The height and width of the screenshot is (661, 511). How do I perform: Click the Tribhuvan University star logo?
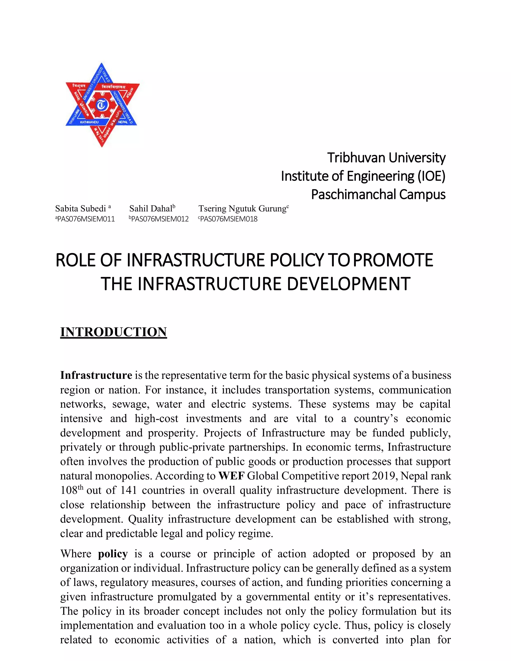tap(102, 105)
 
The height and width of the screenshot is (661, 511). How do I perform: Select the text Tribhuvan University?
tap(386, 158)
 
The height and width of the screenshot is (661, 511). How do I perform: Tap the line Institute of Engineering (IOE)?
tap(363, 176)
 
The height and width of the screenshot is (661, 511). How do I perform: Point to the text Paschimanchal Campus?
tap(378, 194)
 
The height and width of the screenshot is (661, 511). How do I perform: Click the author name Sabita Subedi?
tap(81, 209)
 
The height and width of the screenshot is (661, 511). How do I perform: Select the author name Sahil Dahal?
tap(151, 209)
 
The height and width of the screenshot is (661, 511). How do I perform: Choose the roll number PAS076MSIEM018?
tap(229, 219)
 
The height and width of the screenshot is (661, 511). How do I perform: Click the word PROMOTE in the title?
tap(393, 260)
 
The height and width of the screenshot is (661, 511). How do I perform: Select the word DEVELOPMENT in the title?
tap(348, 284)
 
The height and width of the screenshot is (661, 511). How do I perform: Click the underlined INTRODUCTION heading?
tap(114, 332)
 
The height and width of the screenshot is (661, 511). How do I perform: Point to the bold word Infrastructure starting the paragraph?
tap(96, 375)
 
